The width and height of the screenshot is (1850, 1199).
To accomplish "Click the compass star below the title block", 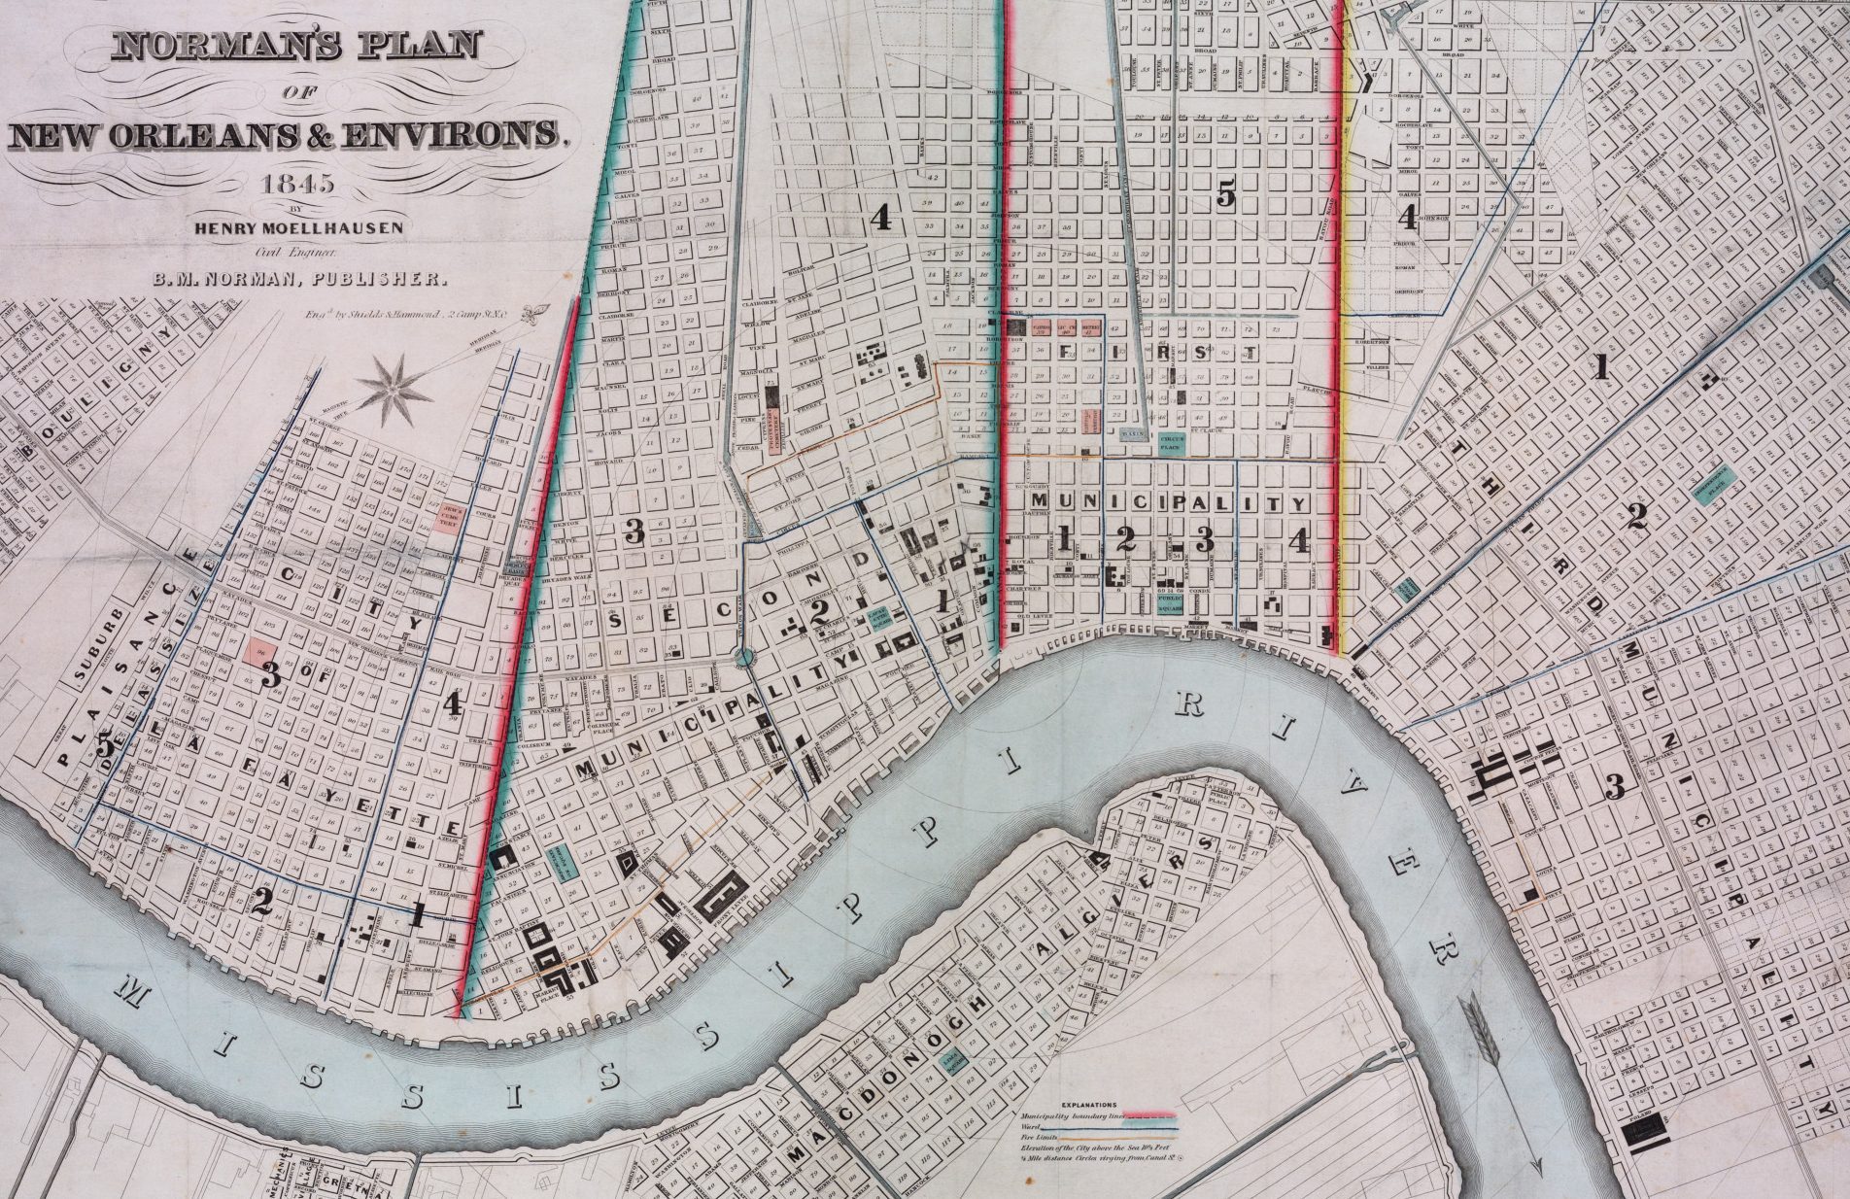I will point(394,389).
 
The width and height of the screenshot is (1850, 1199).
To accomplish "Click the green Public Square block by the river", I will point(1169,601).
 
